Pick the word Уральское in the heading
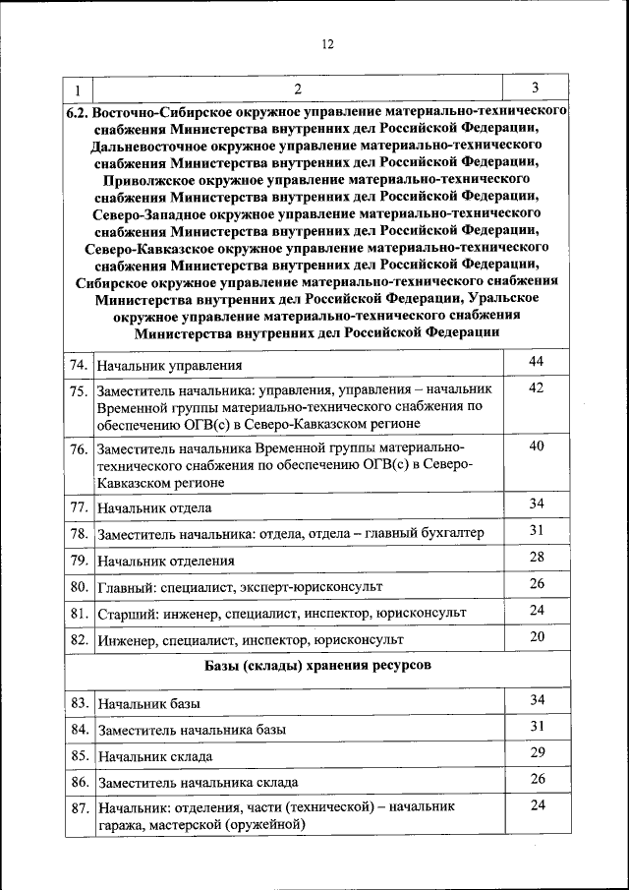tap(516, 297)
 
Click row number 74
tap(79, 365)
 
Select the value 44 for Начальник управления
tap(536, 363)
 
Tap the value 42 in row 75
tap(536, 387)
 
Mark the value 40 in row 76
tap(536, 445)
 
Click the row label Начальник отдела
tap(154, 508)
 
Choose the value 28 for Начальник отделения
tap(536, 557)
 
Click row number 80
tap(79, 586)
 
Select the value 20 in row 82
tap(536, 636)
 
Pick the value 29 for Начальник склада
tap(536, 752)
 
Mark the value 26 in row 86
tap(536, 779)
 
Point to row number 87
tap(79, 808)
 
